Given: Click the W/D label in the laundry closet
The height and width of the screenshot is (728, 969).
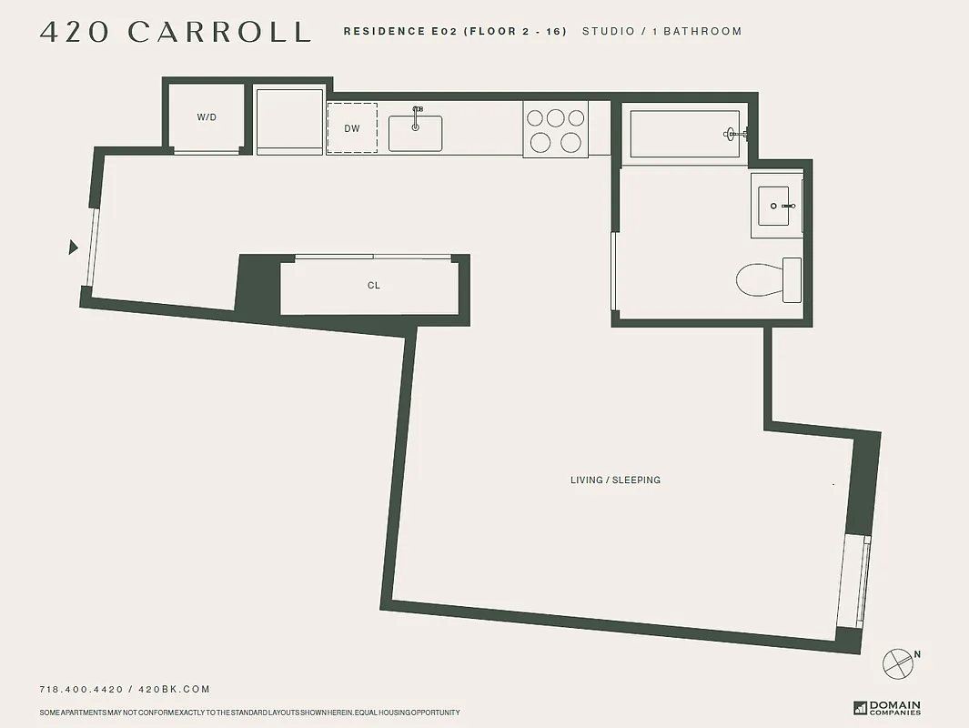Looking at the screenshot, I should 207,117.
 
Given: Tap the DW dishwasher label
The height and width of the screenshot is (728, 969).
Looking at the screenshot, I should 352,128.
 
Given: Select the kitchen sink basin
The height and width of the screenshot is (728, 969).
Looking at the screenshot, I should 415,133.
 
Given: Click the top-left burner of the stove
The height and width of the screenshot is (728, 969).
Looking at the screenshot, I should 535,117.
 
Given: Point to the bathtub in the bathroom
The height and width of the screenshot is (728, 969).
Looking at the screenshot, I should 684,135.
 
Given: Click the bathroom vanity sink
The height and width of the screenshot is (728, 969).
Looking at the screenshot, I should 775,207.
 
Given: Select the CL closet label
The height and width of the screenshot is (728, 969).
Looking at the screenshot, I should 373,286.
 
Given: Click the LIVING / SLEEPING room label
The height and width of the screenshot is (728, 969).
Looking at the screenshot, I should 615,480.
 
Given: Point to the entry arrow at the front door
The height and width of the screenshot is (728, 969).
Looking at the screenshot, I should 74,247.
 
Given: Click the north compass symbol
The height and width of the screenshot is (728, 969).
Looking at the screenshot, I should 899,662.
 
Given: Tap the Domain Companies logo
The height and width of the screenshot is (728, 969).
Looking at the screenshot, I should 886,707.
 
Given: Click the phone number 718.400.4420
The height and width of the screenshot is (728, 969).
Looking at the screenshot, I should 81,690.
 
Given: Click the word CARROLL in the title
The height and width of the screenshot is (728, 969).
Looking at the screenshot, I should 219,32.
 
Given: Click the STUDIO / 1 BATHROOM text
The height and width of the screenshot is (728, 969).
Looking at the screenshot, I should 661,32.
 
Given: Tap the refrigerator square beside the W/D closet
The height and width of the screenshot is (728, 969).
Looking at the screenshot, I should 289,120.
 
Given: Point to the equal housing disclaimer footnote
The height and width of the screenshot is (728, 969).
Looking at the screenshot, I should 250,713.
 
